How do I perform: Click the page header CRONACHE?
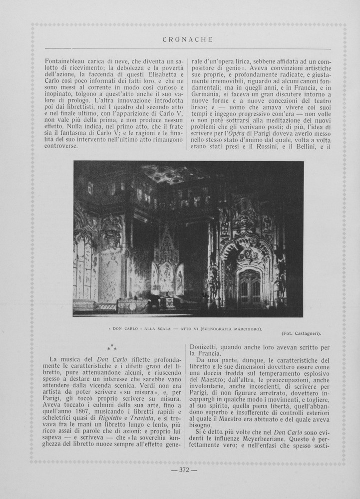(x=188, y=39)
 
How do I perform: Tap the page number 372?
(x=184, y=470)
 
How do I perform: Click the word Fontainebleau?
(x=67, y=60)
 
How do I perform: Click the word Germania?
(x=209, y=100)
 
